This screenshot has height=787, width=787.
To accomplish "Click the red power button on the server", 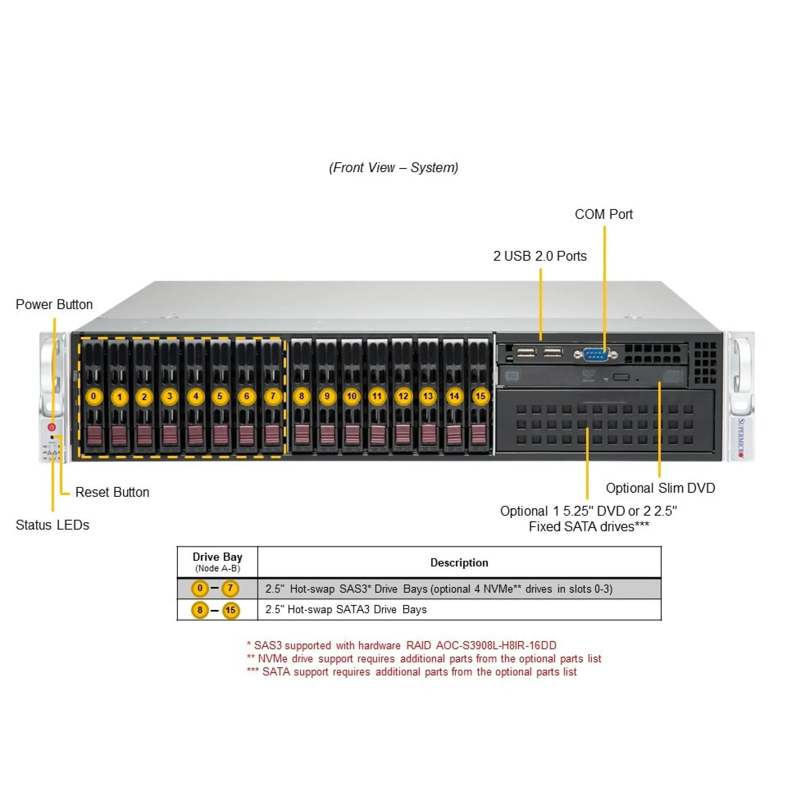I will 52,427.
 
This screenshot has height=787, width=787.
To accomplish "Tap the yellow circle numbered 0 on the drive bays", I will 93,396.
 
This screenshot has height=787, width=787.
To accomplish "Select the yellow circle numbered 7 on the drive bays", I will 273,396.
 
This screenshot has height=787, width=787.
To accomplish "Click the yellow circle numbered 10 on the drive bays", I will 352,396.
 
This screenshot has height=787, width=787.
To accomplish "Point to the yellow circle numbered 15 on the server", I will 480,396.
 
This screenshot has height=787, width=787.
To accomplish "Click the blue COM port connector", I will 596,354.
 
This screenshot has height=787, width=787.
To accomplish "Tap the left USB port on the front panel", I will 526,352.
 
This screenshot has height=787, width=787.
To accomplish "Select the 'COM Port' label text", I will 603,214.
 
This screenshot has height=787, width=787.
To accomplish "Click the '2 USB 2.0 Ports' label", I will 540,256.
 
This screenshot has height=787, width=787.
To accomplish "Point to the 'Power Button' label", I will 54,305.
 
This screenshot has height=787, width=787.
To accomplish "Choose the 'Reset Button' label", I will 112,492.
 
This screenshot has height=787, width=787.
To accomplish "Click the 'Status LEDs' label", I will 52,525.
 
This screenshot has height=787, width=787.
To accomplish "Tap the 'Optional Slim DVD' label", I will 660,488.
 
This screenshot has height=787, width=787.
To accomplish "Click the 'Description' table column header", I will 459,563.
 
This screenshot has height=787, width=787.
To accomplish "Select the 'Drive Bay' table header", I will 217,557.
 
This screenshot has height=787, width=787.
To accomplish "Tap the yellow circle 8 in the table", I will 200,610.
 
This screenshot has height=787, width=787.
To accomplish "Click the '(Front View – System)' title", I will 393,168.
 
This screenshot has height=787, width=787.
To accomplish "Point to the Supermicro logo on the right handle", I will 741,437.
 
